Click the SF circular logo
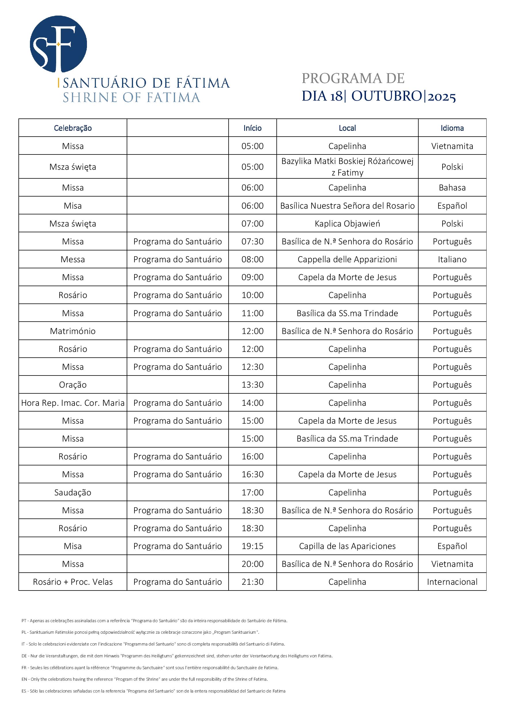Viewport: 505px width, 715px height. coord(58,44)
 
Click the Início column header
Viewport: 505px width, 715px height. coord(252,128)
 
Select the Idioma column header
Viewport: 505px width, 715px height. coord(452,128)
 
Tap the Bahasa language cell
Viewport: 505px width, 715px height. coord(452,188)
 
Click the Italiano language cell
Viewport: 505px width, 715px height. coord(452,259)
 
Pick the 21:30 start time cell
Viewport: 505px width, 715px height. coord(252,582)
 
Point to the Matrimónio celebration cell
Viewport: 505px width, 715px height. coord(73,331)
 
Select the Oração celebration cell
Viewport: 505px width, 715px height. coord(73,385)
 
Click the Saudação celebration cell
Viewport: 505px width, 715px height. coord(73,492)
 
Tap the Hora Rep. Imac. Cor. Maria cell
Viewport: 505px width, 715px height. coord(73,403)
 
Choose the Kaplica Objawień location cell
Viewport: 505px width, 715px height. coord(347,224)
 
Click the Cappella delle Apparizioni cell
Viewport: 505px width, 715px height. coord(347,259)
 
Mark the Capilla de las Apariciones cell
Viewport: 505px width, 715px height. coord(347,546)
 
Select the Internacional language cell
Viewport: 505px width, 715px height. coord(452,582)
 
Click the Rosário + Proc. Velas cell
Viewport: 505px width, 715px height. coord(73,582)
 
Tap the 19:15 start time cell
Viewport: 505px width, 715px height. coord(252,546)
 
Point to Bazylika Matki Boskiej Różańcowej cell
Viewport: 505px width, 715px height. coord(347,167)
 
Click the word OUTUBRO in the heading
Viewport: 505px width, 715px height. coord(386,96)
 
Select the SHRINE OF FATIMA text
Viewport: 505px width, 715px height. coord(131,98)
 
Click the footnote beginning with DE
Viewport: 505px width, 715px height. coord(177,656)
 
